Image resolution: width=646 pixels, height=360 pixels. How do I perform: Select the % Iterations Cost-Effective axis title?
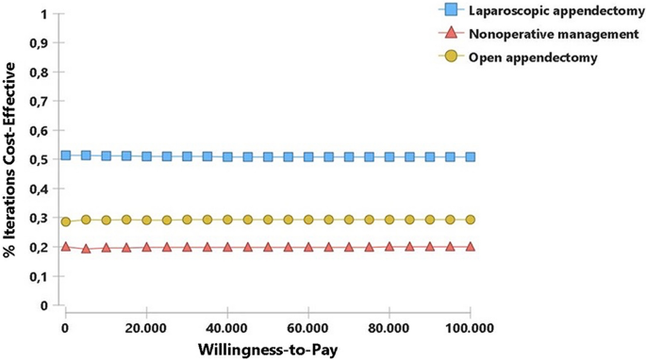12,160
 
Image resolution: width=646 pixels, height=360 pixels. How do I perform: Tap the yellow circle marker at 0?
66,222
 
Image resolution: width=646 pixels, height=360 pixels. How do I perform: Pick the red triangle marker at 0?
66,247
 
